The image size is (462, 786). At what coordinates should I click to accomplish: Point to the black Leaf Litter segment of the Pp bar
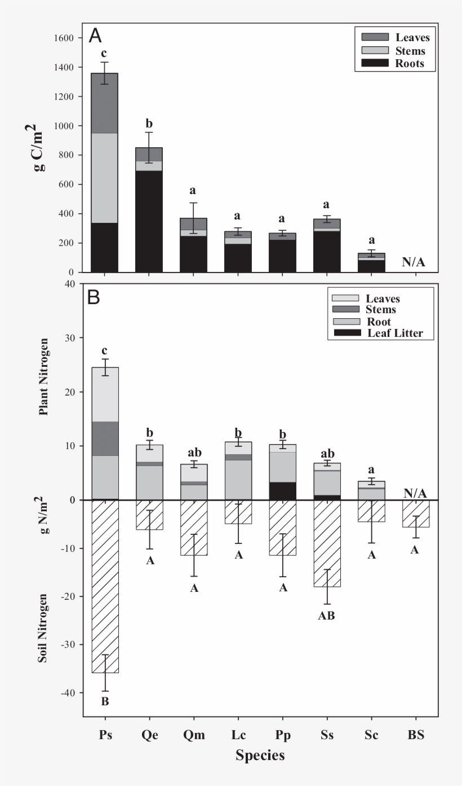pyautogui.click(x=282, y=491)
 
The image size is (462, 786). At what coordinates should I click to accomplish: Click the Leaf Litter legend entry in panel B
pyautogui.click(x=381, y=333)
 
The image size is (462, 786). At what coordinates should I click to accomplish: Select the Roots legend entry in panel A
pyautogui.click(x=392, y=64)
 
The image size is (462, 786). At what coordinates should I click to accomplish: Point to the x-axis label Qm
pyautogui.click(x=194, y=735)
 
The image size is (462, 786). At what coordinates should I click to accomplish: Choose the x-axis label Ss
pyautogui.click(x=327, y=735)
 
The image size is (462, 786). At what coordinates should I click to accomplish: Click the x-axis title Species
pyautogui.click(x=260, y=756)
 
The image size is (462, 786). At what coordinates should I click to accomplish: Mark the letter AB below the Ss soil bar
pyautogui.click(x=327, y=616)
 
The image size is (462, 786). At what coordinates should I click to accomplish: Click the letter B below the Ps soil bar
pyautogui.click(x=105, y=702)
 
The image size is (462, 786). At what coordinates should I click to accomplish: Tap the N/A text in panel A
pyautogui.click(x=415, y=262)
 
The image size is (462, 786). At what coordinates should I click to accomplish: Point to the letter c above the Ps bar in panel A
pyautogui.click(x=104, y=54)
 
